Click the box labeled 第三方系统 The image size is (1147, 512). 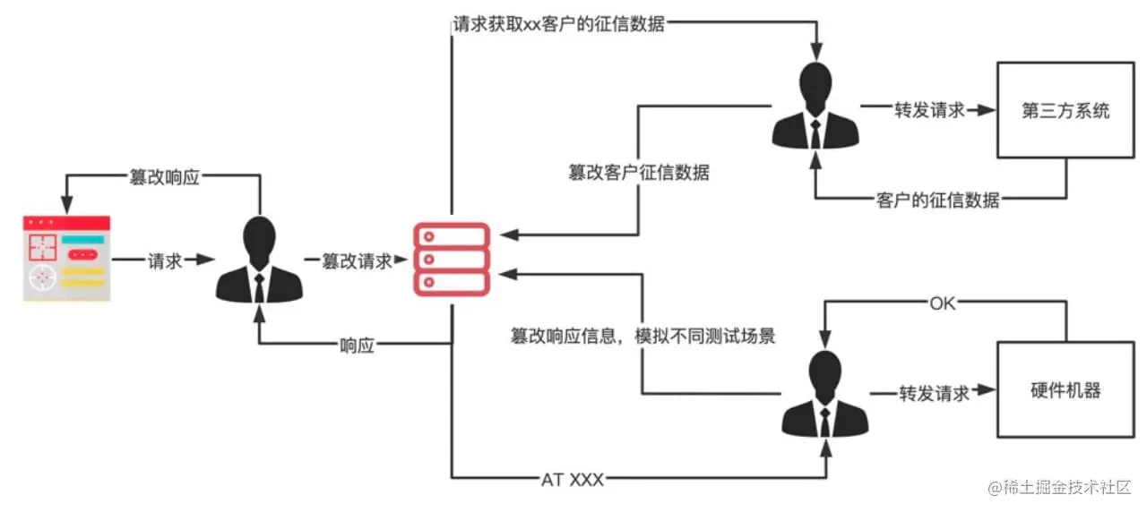coord(1065,110)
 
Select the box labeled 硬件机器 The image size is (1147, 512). coord(1065,391)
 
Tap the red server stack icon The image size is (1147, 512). coord(451,259)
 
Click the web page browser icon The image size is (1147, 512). coord(67,258)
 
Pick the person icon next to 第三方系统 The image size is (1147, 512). coord(815,106)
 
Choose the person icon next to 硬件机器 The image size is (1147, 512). coord(825,393)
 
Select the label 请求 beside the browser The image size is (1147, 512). coord(165,260)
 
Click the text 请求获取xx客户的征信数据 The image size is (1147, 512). coord(559,24)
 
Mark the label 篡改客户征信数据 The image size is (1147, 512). coord(638,173)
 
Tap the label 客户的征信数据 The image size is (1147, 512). coord(937,200)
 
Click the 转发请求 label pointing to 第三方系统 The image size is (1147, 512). coord(929,111)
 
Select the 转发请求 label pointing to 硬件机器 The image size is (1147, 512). coord(935,393)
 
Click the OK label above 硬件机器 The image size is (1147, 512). coord(943,303)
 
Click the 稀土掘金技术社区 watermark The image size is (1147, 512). coord(1066,487)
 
